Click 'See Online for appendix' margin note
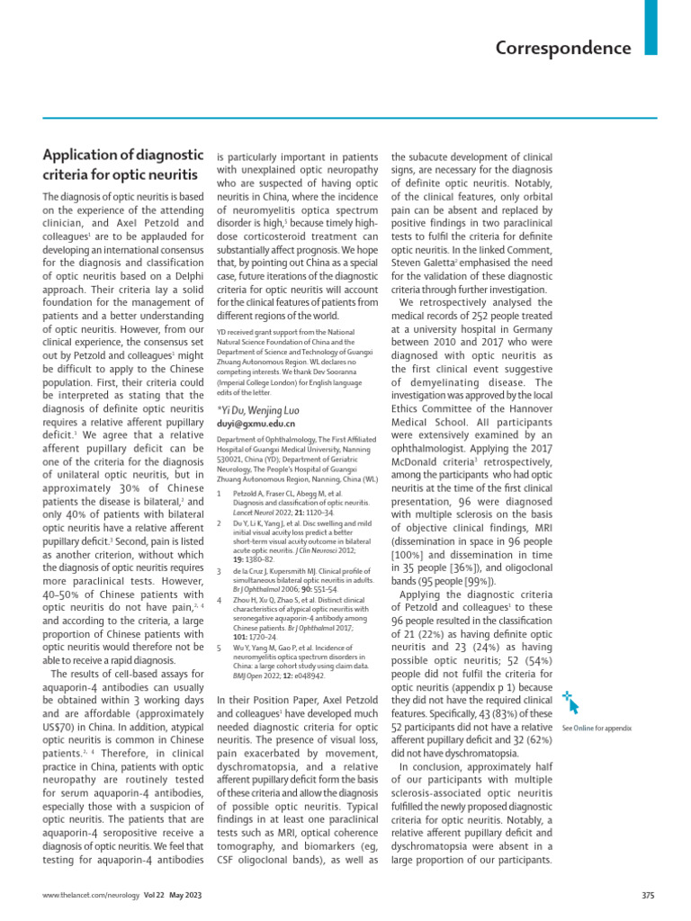point(597,727)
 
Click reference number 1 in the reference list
point(220,493)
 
